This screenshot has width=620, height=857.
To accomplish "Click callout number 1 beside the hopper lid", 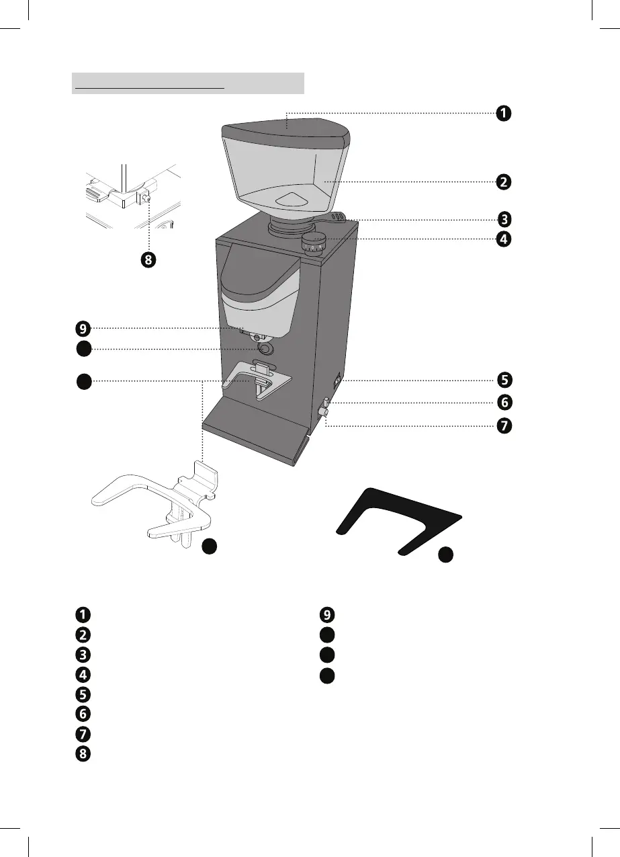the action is (x=503, y=113).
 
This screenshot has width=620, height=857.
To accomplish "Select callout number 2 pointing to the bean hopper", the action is (x=503, y=181).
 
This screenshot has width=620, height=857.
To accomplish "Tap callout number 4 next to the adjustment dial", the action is (x=503, y=239).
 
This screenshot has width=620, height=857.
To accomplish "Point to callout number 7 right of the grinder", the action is (x=503, y=426).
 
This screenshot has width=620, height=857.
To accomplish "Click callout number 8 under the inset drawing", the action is (x=148, y=260).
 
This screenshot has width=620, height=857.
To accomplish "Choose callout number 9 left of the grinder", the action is (x=83, y=329).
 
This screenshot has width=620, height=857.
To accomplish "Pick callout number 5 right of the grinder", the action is (x=503, y=379).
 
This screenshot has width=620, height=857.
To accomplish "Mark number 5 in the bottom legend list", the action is (x=83, y=693).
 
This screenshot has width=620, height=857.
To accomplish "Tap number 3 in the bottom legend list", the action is (x=83, y=653).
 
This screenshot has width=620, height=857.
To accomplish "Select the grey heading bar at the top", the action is (x=188, y=84).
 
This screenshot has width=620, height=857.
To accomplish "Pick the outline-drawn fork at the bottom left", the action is (x=154, y=501).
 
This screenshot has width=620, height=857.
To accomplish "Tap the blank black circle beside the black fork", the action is (x=446, y=555).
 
